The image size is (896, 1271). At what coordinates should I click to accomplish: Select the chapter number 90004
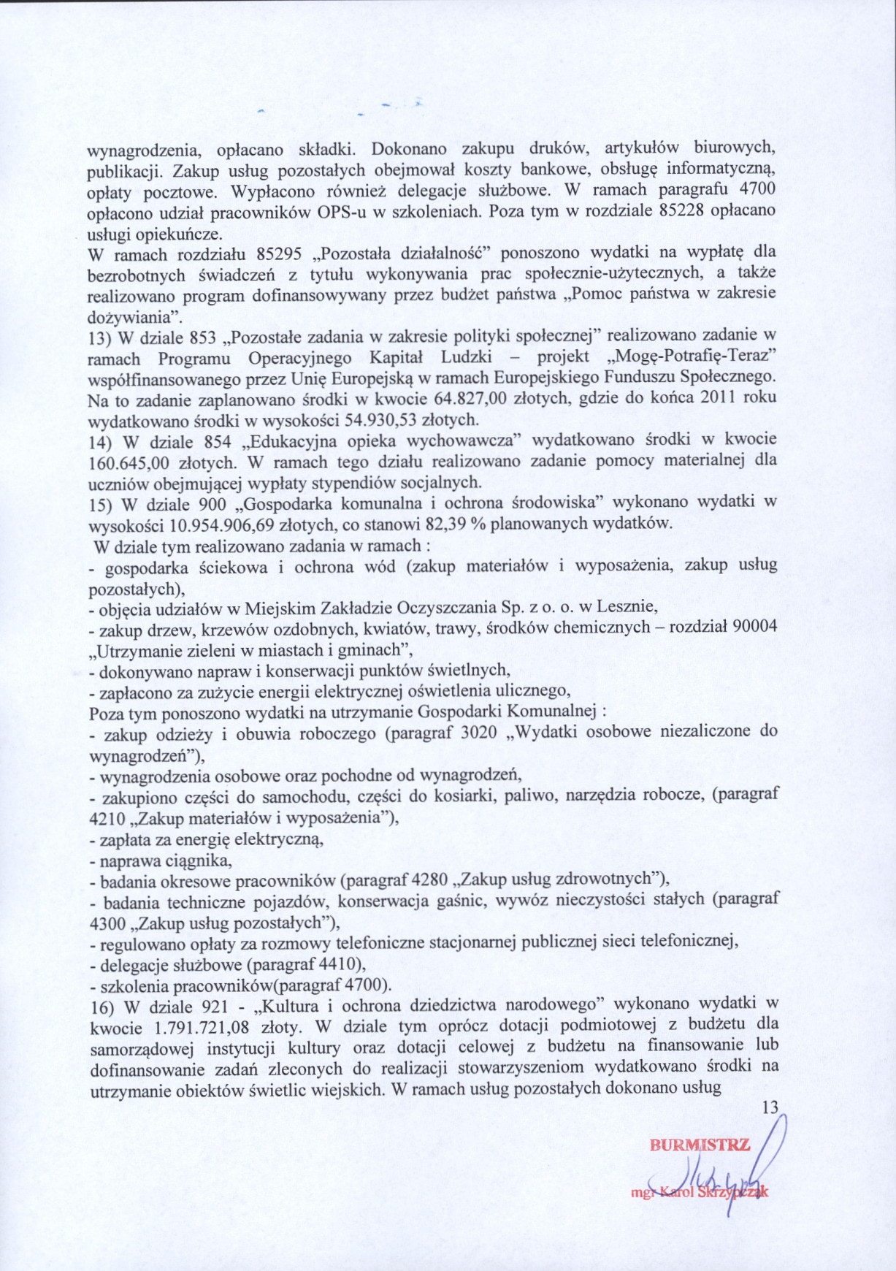[x=755, y=627]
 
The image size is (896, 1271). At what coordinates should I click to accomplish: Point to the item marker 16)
[x=101, y=1006]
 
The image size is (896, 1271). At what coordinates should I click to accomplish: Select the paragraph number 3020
[x=480, y=732]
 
